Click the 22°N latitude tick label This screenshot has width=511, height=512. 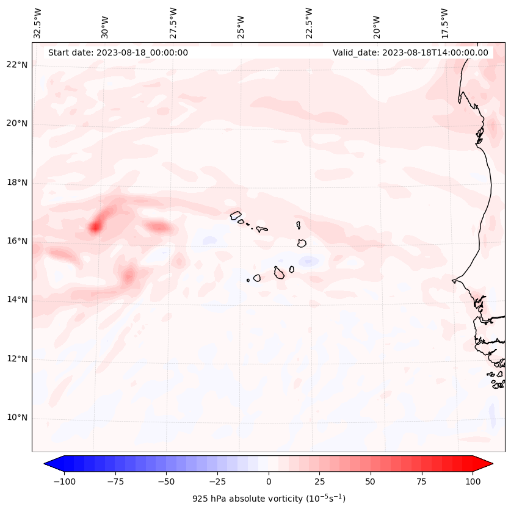pos(18,65)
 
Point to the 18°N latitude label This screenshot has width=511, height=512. pos(18,182)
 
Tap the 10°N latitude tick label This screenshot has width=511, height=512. pos(18,417)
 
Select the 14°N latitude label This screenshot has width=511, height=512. pos(18,300)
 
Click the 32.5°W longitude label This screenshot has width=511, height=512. pos(38,23)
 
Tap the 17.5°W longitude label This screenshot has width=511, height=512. pos(444,23)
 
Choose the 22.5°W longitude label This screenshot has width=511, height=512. pos(309,23)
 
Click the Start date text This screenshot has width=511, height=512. pos(118,52)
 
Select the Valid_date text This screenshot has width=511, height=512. pos(410,52)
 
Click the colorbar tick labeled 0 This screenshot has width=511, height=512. pos(268,481)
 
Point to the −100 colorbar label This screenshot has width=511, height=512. pos(64,481)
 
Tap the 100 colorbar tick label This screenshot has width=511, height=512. pos(472,481)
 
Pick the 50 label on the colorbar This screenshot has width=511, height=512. pos(370,481)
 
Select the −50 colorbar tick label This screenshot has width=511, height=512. pos(166,481)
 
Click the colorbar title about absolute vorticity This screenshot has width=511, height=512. pos(269,499)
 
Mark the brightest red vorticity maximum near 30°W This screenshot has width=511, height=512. pos(95,228)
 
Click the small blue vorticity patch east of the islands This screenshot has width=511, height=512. pos(308,261)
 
